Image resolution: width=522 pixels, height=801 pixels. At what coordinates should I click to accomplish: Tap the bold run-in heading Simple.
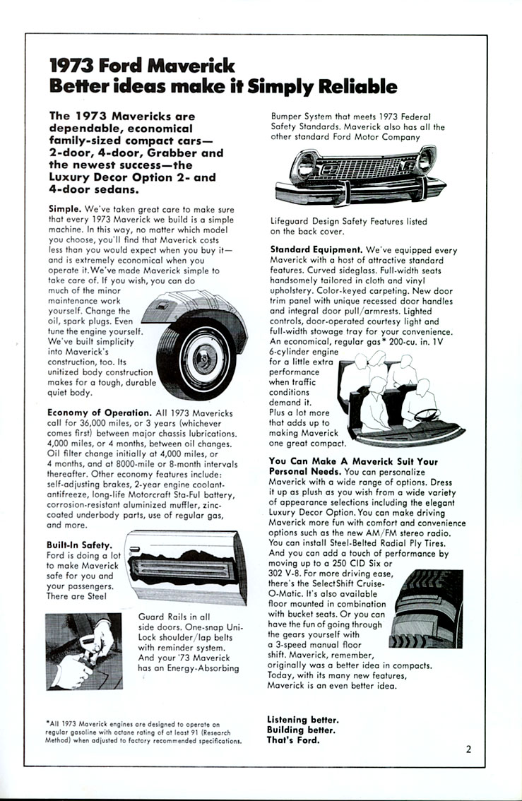click(65, 209)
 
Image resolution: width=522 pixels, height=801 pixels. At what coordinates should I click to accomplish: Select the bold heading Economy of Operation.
click(99, 413)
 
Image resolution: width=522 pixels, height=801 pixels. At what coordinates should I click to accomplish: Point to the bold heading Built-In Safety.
click(80, 545)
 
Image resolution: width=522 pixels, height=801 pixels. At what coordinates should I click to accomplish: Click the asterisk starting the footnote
click(46, 723)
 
